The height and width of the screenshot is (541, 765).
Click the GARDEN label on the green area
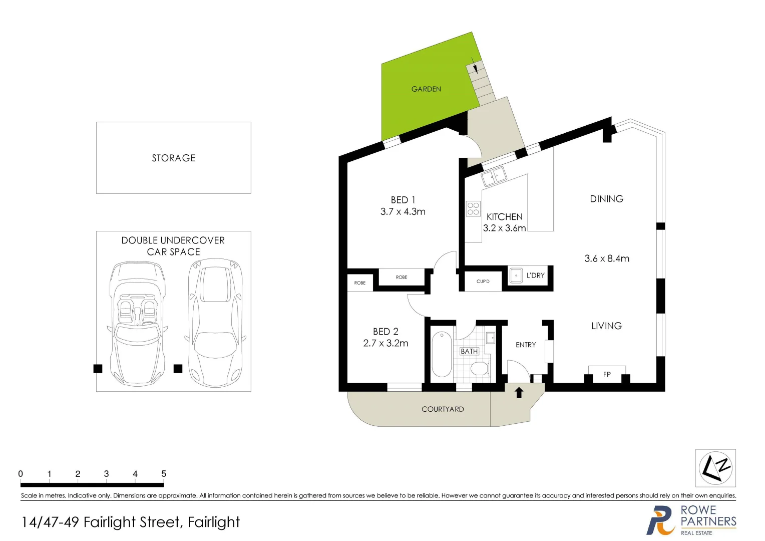coord(426,89)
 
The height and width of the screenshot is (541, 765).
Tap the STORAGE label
coord(173,158)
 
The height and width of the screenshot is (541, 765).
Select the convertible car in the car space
coord(137,324)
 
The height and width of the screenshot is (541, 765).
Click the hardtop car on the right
coord(215,324)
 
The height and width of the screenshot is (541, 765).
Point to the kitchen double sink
coord(494,177)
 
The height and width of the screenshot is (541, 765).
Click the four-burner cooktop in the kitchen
coord(473,209)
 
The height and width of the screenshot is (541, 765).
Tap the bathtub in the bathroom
coord(442,354)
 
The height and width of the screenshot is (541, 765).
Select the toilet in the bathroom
coord(479,369)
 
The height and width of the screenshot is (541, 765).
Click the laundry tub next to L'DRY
coord(516,276)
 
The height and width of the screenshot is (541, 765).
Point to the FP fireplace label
coord(607,374)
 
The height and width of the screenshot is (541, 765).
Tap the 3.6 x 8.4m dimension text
coord(607,258)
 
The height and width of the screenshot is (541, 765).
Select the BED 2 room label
coord(386,332)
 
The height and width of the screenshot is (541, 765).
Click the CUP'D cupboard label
coord(483,282)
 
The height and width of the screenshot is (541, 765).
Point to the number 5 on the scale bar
coord(164,474)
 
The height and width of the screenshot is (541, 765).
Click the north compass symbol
coord(715,468)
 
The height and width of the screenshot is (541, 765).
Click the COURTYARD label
coord(443,409)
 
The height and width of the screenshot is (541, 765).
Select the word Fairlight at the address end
coord(214,522)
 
